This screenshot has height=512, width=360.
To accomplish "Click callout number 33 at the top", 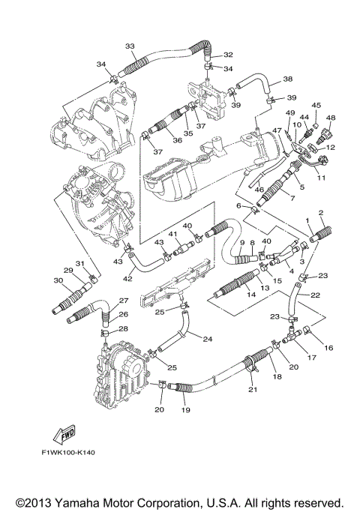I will click(130, 46).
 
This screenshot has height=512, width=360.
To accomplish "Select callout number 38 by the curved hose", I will click(287, 79).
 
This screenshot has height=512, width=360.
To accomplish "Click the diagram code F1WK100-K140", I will click(71, 453).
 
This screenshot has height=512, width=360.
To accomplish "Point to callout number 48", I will click(331, 118).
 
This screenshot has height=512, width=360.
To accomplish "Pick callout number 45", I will click(316, 106).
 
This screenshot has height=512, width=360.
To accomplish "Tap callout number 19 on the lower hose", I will click(184, 411).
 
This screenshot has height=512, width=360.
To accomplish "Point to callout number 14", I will click(250, 295).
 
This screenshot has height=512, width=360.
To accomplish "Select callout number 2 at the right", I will click(321, 214).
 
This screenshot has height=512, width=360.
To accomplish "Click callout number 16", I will click(328, 348).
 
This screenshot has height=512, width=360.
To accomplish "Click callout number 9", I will click(241, 242).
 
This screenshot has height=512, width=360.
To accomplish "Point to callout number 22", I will click(316, 295).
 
